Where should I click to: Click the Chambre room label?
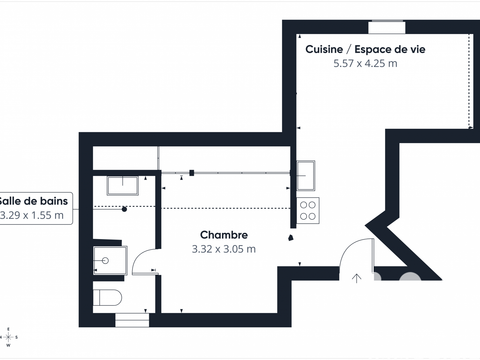point(223,235)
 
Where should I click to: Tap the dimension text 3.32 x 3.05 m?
point(223,249)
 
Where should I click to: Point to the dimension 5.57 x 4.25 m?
point(364,63)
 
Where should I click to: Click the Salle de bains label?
point(32,200)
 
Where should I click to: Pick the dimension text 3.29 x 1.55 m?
point(32,215)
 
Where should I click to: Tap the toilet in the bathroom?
point(108,298)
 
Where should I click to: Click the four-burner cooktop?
point(307,211)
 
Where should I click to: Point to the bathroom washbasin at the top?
point(125,183)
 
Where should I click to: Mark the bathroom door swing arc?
point(144,263)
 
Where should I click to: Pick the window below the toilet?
point(131,320)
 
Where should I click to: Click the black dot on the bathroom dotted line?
point(124,210)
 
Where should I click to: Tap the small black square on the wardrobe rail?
point(190,172)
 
